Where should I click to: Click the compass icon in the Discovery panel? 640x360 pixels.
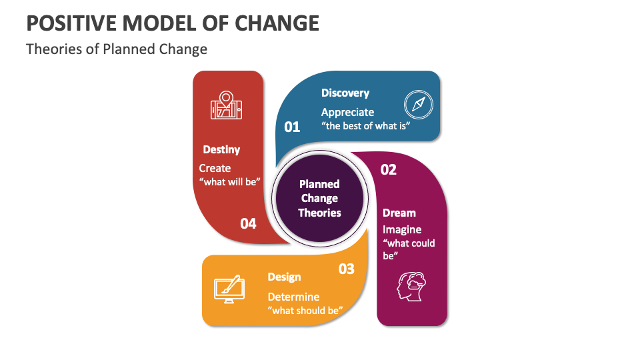[x=419, y=104]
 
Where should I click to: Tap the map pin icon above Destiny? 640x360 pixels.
[x=227, y=106]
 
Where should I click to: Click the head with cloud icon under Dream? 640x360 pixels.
[x=411, y=286]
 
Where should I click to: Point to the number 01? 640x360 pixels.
[x=292, y=126]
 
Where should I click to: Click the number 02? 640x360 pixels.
[x=388, y=169]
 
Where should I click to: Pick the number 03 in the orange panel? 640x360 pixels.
[x=346, y=269]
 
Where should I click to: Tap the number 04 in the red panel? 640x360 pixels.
[x=248, y=223]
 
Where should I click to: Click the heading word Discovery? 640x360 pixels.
[x=345, y=93]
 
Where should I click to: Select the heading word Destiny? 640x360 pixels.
[x=221, y=149]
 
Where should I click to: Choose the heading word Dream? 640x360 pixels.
[x=399, y=213]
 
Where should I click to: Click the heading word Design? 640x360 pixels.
[x=284, y=277]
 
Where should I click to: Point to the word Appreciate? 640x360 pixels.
[x=347, y=112]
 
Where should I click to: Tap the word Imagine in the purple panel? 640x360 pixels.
[x=401, y=229]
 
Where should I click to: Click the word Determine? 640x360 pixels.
[x=293, y=297]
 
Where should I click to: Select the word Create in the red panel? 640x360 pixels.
[x=215, y=168]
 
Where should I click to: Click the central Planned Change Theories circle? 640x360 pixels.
[x=319, y=198]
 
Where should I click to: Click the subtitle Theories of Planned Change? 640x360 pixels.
[x=117, y=49]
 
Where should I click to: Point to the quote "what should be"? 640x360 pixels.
[x=305, y=310]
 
